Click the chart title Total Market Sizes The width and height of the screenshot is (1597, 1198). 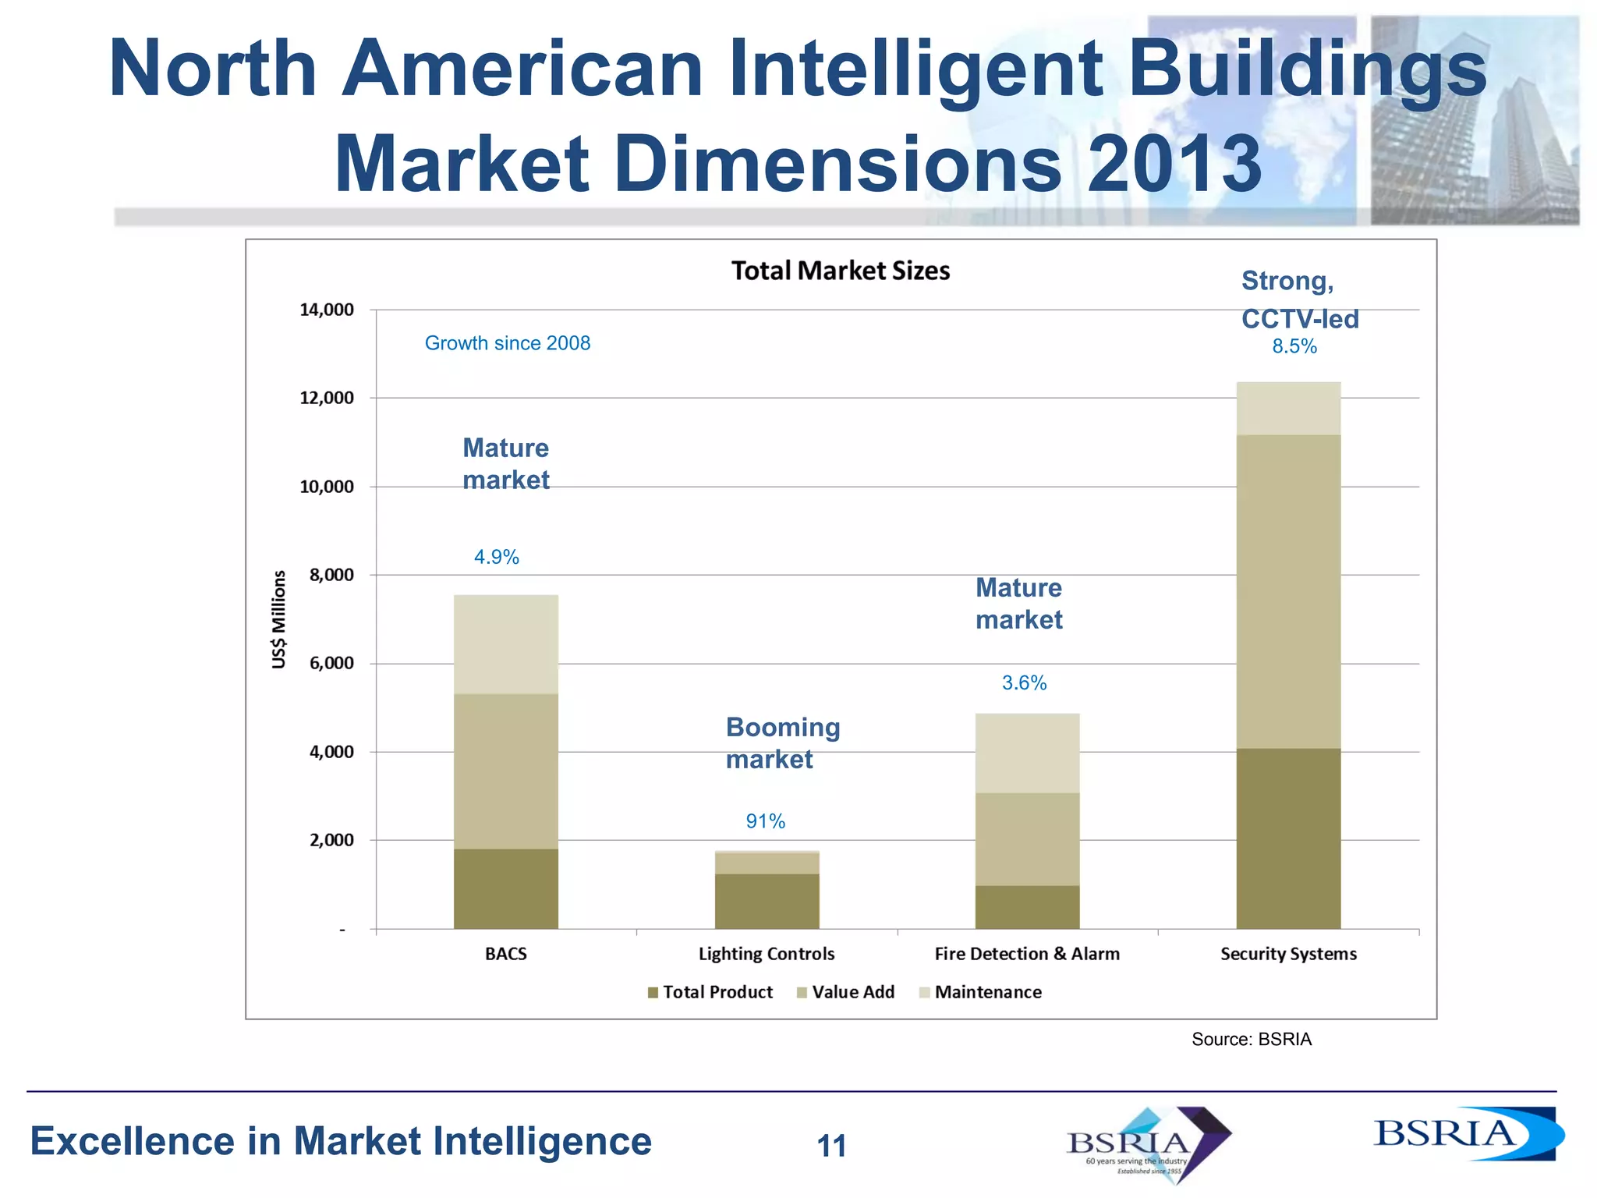[840, 271]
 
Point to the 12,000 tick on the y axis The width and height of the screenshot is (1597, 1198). [327, 399]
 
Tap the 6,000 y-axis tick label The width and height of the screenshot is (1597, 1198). [331, 664]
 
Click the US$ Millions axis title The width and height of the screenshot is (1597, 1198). [279, 620]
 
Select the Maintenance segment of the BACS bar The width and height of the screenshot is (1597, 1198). [505, 644]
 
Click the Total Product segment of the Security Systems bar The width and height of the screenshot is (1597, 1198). [1288, 838]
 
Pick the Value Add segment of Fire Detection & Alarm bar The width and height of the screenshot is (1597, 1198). [1027, 838]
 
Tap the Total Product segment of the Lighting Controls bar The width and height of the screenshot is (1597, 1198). [767, 901]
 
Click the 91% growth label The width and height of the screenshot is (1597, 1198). [765, 821]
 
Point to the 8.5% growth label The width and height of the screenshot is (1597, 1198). [1294, 347]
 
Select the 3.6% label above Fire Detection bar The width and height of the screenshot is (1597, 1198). [1024, 683]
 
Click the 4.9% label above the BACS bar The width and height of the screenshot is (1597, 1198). [496, 557]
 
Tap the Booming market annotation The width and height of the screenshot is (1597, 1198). [782, 743]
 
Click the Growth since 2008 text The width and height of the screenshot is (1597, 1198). [507, 343]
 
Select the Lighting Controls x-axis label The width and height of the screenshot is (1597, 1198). [766, 954]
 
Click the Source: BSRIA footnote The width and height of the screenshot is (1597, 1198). [1251, 1040]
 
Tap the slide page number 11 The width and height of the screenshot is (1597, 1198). [831, 1146]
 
